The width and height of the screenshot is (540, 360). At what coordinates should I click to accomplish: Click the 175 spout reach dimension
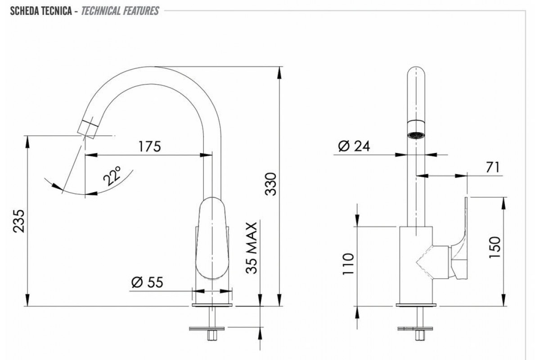149,146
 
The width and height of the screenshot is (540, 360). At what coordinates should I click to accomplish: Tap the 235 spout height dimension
19,221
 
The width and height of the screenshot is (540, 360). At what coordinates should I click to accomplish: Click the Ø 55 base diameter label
147,282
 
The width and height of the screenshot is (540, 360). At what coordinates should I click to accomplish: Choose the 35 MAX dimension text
252,248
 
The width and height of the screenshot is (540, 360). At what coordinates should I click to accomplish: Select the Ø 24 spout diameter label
354,146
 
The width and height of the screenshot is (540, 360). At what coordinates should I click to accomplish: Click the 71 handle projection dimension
493,167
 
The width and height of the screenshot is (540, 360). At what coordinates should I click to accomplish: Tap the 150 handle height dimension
495,247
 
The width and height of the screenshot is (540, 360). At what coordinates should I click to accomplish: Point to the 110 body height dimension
348,264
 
